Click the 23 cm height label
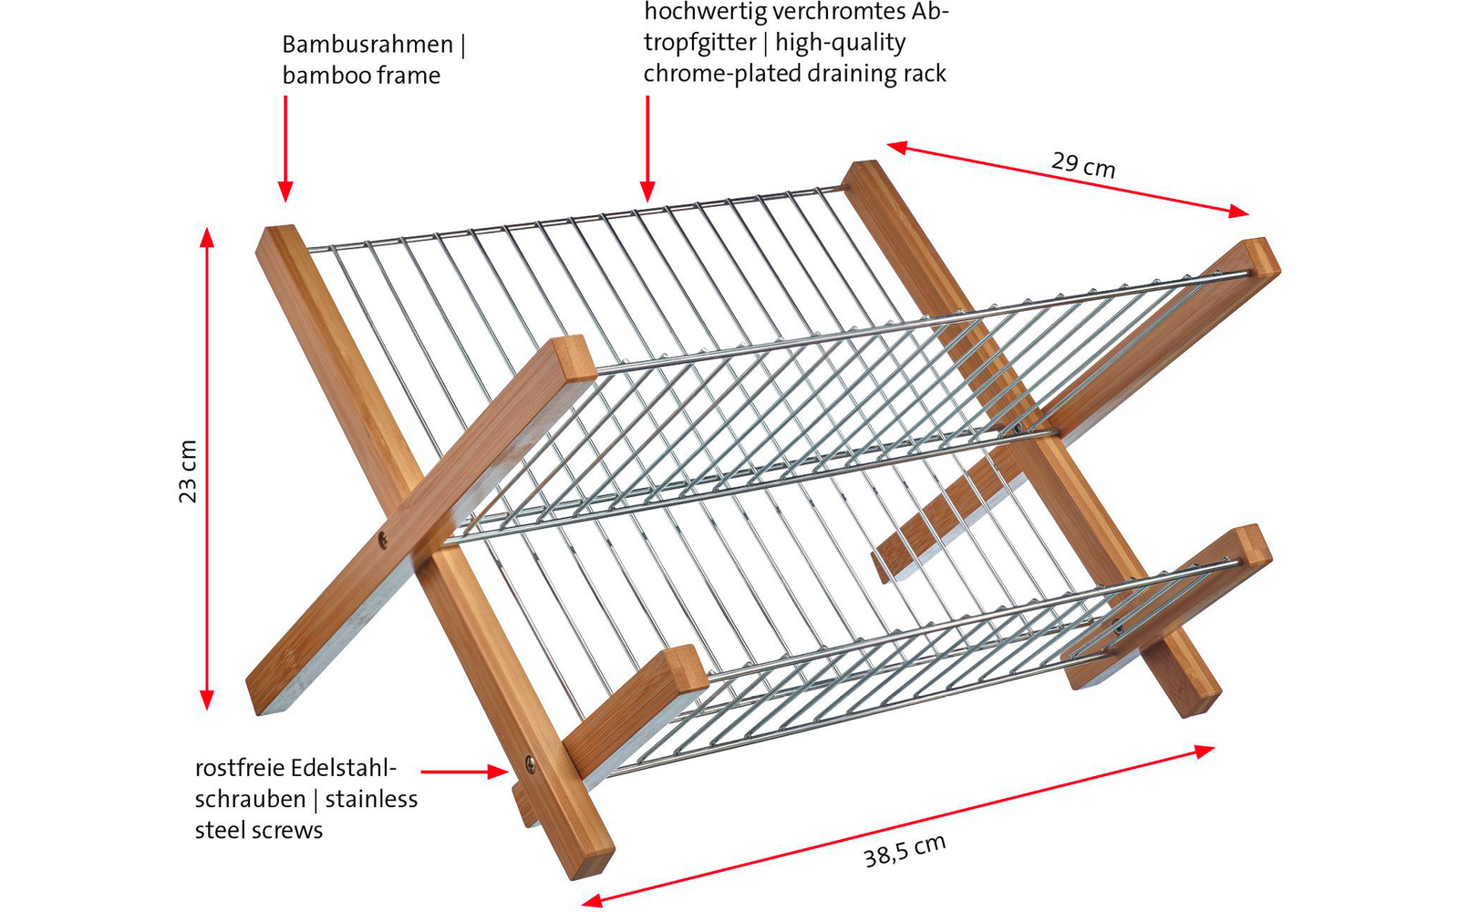pos(188,471)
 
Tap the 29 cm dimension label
pos(1083,165)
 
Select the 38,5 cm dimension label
pos(905,851)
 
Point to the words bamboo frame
pos(361,76)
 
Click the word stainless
pos(371,799)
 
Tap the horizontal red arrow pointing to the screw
pos(464,772)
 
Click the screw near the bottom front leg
pos(531,764)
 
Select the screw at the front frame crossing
pos(384,540)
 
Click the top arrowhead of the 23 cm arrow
pos(207,237)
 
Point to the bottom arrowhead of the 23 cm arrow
pos(207,700)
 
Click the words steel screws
pos(259,831)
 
